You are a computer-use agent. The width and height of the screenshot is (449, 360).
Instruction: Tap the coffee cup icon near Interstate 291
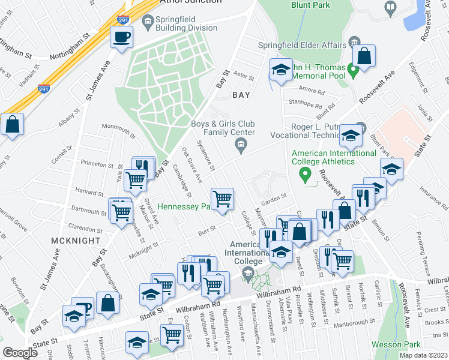tap(122, 38)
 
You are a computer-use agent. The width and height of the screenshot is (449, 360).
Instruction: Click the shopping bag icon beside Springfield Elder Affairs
tap(364, 56)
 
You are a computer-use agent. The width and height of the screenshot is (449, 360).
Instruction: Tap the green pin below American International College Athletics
tap(305, 175)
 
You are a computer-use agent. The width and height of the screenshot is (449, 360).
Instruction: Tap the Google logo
tap(20, 353)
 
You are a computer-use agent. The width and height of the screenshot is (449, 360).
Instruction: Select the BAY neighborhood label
tap(242, 95)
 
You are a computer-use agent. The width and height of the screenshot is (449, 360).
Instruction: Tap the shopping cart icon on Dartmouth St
tap(121, 211)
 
